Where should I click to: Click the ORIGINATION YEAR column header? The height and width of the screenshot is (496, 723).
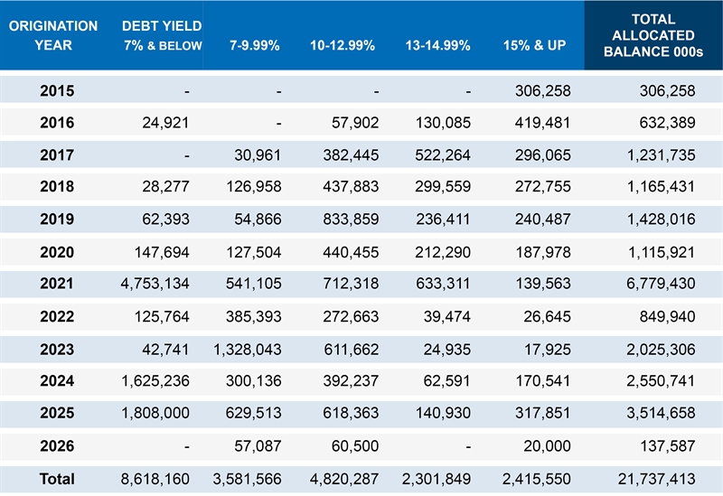(53, 35)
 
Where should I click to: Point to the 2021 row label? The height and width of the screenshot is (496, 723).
(57, 284)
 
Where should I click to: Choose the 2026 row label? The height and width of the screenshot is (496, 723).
(57, 446)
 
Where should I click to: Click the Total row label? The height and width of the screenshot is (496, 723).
(57, 479)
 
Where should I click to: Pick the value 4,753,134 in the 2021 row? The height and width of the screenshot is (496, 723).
(155, 284)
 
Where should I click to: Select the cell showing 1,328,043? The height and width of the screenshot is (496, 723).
(248, 349)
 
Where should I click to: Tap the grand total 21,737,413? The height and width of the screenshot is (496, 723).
(651, 479)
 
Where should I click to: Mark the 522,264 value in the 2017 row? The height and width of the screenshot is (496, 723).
(444, 154)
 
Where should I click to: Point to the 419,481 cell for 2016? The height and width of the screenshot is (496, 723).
(540, 122)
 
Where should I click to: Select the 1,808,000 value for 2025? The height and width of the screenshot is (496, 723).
(155, 414)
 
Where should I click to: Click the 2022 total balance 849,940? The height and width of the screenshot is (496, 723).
(665, 316)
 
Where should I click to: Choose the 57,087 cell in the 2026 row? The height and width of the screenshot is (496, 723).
(258, 446)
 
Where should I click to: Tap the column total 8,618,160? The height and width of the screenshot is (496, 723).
(155, 479)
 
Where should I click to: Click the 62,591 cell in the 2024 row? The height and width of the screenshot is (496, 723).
(450, 381)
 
